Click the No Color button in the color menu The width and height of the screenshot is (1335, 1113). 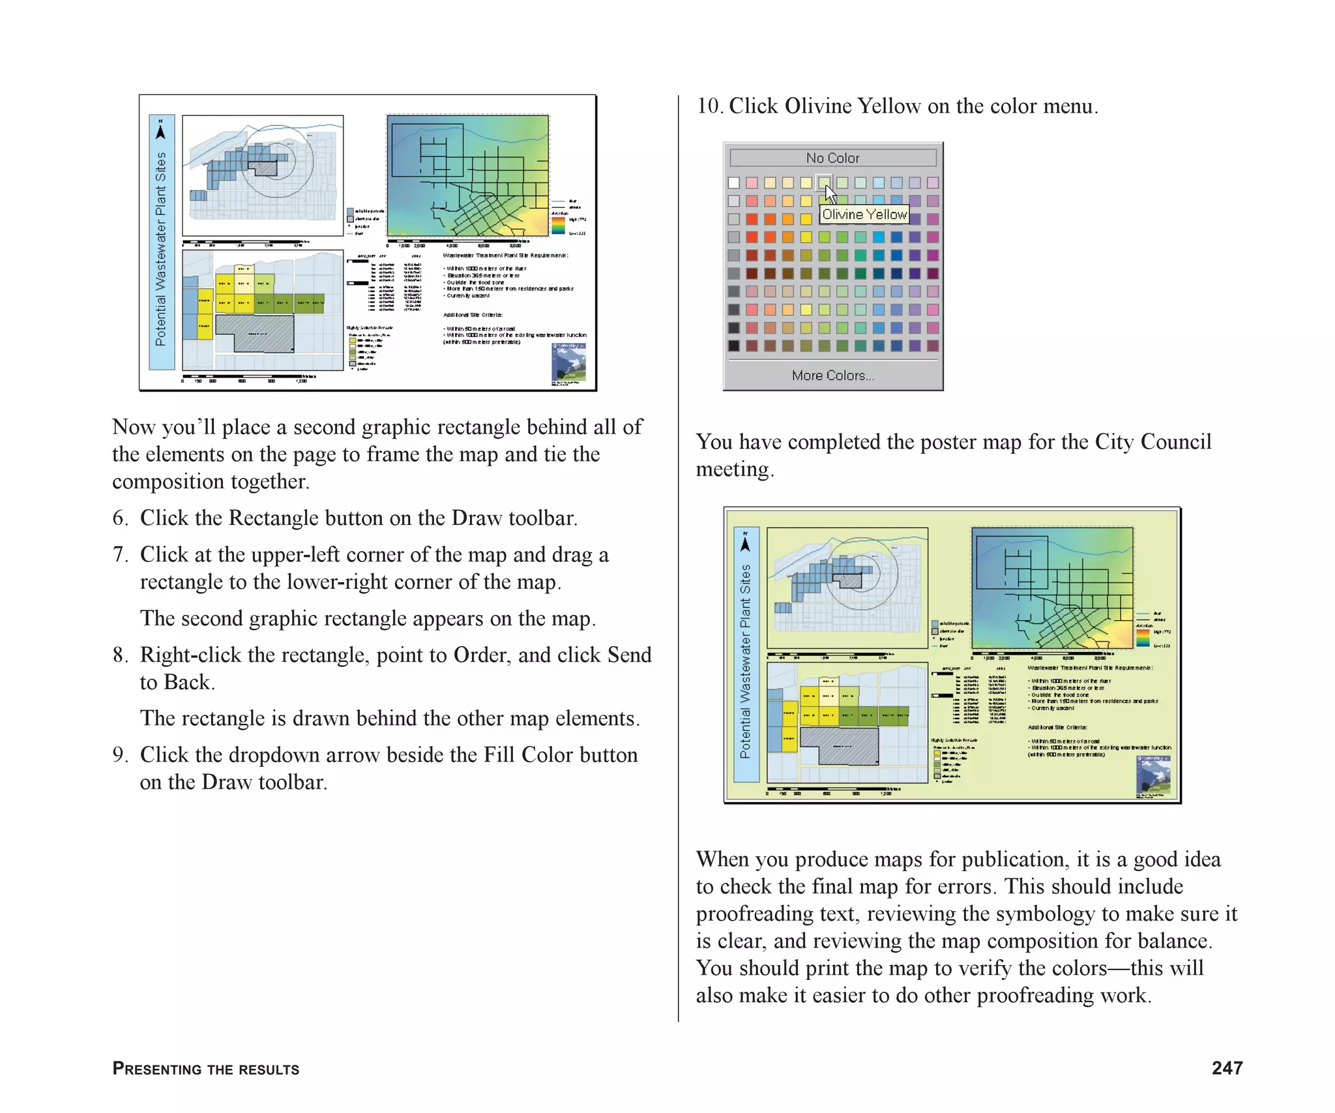pos(832,158)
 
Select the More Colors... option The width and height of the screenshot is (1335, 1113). pos(832,376)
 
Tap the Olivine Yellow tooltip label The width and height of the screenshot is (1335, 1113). pos(864,215)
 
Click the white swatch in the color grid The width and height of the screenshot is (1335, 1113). pos(734,183)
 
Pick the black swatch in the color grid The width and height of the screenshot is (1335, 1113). pos(734,346)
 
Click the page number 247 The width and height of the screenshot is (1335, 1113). pos(1227,1068)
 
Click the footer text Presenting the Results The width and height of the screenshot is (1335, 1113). pos(205,1069)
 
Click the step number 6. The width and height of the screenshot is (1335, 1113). pos(119,518)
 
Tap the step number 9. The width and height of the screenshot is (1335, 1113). pos(119,755)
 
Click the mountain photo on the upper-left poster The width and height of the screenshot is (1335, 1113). pos(568,362)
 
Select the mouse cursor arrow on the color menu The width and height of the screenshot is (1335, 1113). pos(830,194)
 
